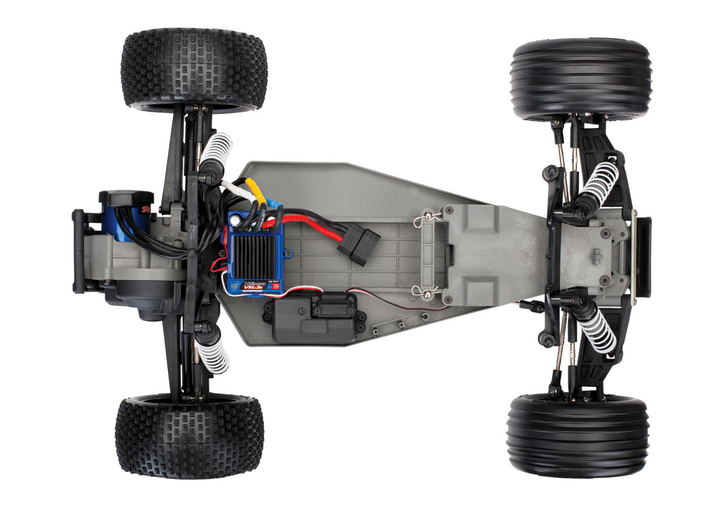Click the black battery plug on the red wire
(x=358, y=246)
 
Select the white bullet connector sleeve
(x=233, y=187)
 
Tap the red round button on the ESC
(x=276, y=287)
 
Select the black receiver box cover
(x=311, y=321)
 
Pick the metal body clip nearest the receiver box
(x=427, y=291)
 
